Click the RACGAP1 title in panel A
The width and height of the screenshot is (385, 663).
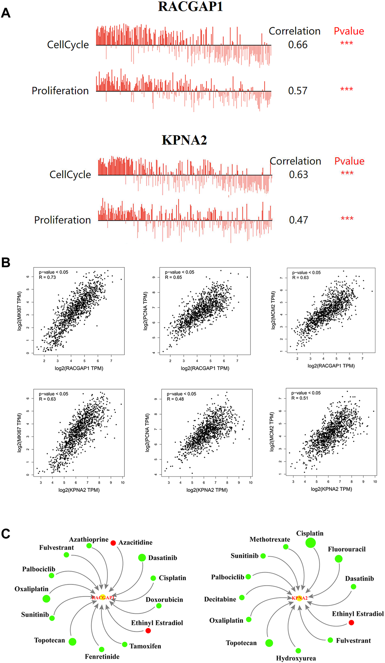coord(190,7)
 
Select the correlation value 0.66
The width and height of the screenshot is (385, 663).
coord(298,45)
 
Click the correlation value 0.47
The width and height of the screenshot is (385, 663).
coord(298,220)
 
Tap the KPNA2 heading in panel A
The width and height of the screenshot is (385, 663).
coord(184,140)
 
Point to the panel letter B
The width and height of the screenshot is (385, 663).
coord(6,263)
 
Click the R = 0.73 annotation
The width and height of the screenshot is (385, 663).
coord(47,277)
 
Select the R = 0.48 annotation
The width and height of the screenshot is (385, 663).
coord(175,399)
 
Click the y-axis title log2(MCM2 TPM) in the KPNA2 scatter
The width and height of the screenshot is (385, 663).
coord(272,432)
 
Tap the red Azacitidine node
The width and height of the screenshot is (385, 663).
coord(113,543)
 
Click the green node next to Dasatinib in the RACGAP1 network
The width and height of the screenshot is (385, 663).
coord(142,557)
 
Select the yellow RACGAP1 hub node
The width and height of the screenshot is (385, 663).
coord(102,597)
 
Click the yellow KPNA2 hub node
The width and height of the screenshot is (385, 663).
coord(299,598)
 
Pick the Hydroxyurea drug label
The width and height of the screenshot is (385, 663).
coord(296,658)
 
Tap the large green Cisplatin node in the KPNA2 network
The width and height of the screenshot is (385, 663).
coord(310,543)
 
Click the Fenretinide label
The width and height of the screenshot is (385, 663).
coord(102,657)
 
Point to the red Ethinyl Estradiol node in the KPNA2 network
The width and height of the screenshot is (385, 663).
coord(351,622)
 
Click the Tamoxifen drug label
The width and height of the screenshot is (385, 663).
coord(145,646)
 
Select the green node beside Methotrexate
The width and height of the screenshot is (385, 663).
coord(286,547)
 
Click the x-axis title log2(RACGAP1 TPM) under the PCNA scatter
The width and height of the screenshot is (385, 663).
coord(205,368)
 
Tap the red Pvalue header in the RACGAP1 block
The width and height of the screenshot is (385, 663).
coord(349,31)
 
